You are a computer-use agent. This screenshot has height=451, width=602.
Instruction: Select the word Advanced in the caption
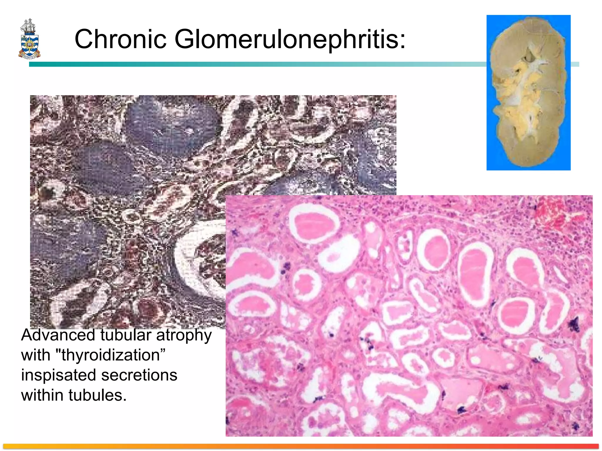pyautogui.click(x=58, y=335)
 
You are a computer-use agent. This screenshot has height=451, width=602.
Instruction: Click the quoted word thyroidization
pyautogui.click(x=110, y=355)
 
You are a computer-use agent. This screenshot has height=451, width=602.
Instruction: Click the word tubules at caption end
pyautogui.click(x=97, y=395)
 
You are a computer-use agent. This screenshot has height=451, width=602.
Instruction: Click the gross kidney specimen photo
pyautogui.click(x=528, y=92)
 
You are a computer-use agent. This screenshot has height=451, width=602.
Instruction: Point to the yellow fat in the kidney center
pyautogui.click(x=523, y=97)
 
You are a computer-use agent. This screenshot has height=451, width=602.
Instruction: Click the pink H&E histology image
pyautogui.click(x=409, y=316)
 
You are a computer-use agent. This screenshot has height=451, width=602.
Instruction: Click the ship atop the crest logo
pyautogui.click(x=28, y=26)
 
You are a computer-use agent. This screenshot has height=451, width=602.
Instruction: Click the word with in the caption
pyautogui.click(x=36, y=355)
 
